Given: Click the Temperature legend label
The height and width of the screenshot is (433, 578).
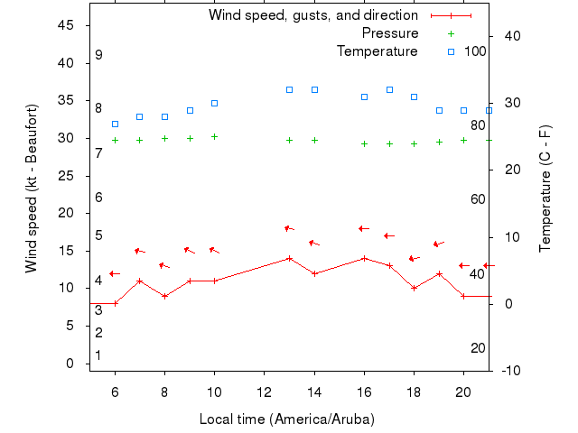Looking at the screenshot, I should (x=377, y=51).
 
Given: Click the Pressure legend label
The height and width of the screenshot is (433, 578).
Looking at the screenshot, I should (x=389, y=33).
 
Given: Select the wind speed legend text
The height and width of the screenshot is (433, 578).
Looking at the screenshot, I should (x=312, y=15).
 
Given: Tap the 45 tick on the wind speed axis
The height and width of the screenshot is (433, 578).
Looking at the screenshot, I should (x=66, y=25).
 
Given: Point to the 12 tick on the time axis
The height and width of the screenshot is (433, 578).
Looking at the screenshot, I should (x=265, y=392).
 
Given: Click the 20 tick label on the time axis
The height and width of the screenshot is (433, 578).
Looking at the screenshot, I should (x=463, y=392).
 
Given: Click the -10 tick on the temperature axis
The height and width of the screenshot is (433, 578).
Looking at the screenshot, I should (x=508, y=370).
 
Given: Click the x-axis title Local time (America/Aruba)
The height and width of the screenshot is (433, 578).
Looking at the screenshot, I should (x=286, y=419).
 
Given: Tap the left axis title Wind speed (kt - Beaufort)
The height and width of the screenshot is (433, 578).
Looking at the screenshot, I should (x=31, y=189).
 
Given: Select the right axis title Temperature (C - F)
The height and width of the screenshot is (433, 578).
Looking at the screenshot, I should (x=545, y=189).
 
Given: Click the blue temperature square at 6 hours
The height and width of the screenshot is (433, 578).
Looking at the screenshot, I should (x=115, y=124).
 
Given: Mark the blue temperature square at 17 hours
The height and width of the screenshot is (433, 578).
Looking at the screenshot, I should (x=389, y=89).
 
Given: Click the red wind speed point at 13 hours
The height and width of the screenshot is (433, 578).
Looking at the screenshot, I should (x=289, y=258).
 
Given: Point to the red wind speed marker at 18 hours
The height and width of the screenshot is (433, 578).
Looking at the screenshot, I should (x=414, y=288).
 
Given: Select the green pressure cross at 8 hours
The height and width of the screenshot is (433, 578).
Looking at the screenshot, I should (x=164, y=138).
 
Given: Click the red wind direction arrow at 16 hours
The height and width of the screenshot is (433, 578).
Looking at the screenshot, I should (x=364, y=229).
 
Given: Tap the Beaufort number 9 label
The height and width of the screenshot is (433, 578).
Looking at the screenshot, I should (x=98, y=55).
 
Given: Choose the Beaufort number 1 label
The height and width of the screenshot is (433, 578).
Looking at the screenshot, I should (x=98, y=355).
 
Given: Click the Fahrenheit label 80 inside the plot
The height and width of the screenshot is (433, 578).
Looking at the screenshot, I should (x=478, y=124).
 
